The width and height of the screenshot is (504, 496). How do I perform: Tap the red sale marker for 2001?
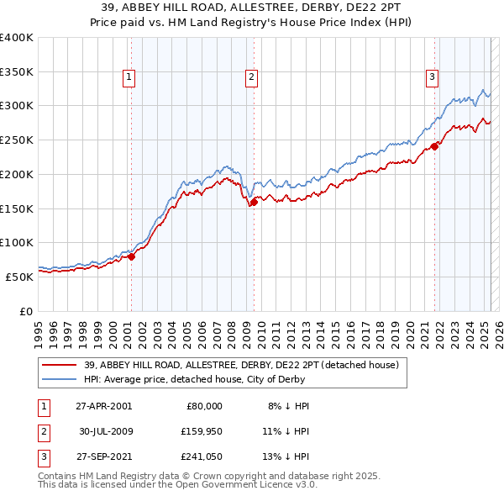131,256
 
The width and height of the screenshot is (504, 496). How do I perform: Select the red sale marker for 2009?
254,201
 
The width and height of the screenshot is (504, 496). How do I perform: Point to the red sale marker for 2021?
435,145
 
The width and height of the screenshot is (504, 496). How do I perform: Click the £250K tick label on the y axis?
17,140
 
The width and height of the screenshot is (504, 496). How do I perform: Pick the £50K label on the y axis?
19,276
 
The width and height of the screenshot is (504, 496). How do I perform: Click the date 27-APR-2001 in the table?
102,406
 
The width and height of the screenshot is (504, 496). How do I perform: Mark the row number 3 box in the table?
41,458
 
